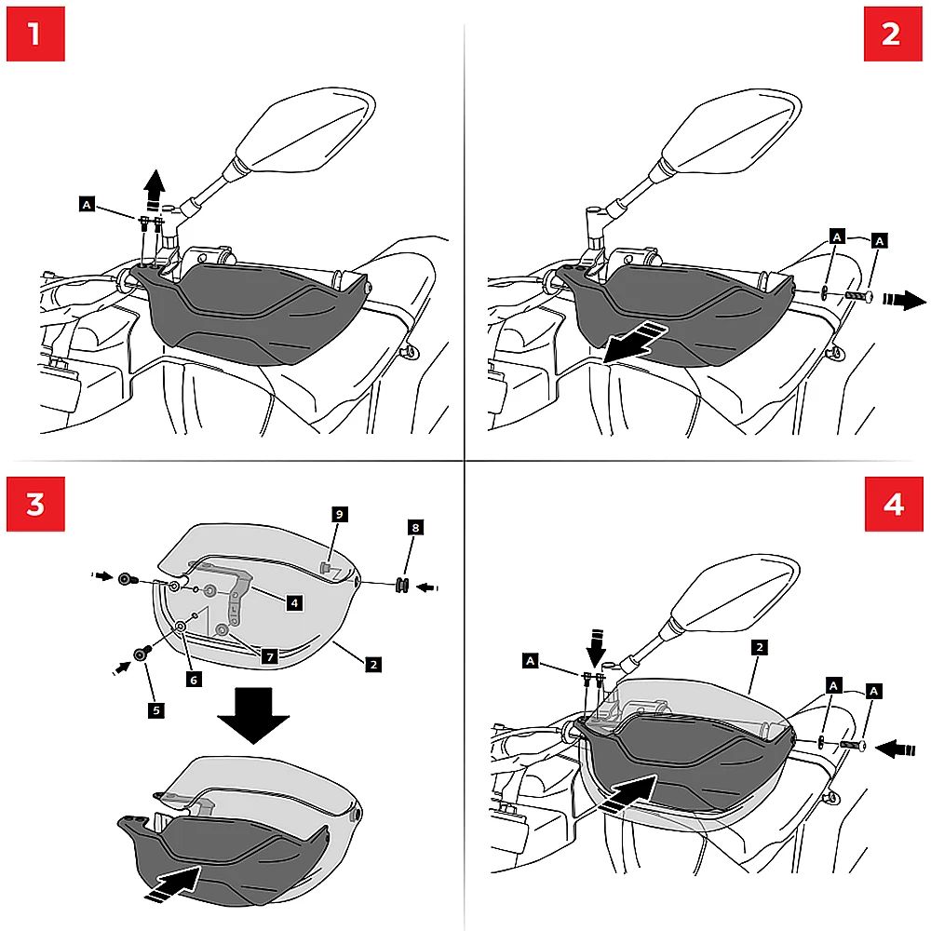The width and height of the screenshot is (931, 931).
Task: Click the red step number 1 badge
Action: [x=34, y=34]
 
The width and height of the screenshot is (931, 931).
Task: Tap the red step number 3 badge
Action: [x=34, y=505]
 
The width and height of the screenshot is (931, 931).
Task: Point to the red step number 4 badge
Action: [x=893, y=505]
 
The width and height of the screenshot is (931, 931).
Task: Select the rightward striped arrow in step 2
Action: [x=904, y=300]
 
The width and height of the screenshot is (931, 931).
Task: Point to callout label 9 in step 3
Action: [x=340, y=514]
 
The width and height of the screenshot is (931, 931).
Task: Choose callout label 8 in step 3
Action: [x=415, y=528]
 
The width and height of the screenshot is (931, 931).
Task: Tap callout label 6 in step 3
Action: [x=195, y=680]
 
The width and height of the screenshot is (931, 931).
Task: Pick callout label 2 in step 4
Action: [x=760, y=646]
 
